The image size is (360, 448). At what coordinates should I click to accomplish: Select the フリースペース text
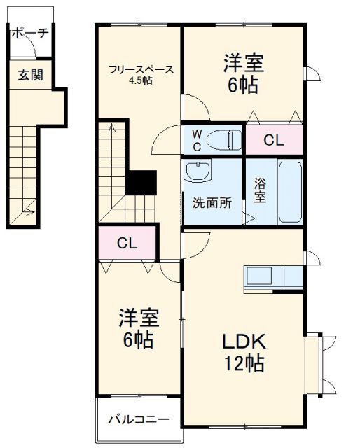[140, 69]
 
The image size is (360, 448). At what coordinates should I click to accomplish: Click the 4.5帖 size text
[140, 80]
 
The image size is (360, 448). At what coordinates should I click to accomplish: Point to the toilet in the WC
[223, 139]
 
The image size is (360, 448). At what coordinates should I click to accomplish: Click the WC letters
[198, 139]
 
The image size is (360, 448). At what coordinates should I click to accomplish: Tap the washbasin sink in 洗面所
[201, 171]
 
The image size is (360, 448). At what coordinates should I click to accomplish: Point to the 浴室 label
[259, 190]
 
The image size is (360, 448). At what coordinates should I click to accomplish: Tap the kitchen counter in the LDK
[273, 276]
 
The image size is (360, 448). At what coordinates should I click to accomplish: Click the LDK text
[244, 342]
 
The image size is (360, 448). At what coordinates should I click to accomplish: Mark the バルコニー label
[138, 420]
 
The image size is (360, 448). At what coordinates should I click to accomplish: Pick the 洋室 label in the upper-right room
[243, 64]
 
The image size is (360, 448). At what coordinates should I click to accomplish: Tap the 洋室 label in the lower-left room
[138, 318]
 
